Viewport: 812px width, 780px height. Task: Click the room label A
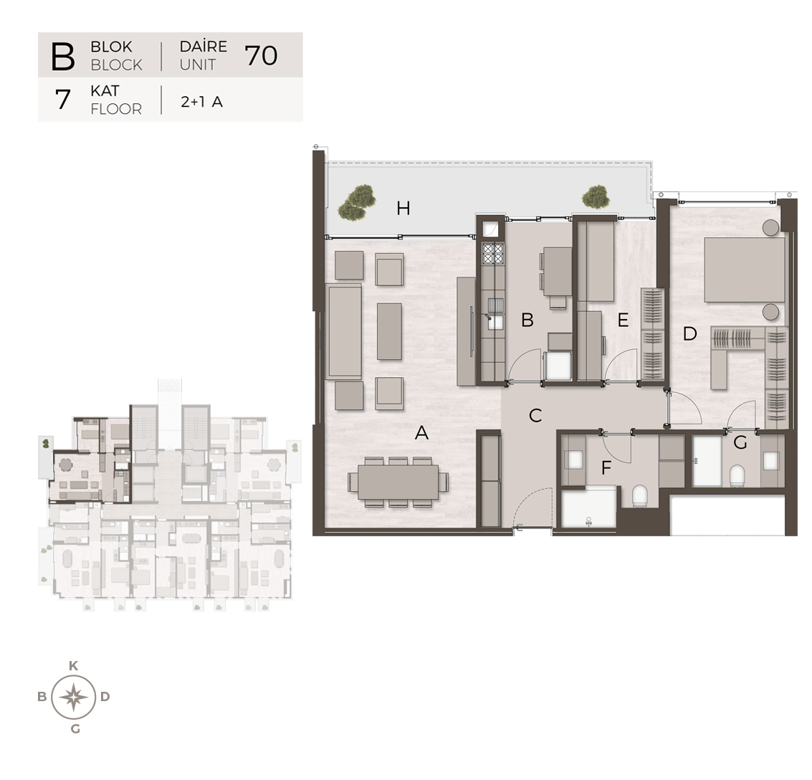421,432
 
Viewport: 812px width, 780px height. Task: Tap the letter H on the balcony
403,208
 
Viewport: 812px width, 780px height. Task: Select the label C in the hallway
535,415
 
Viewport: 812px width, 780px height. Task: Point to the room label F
606,468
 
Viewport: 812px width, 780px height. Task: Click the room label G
740,442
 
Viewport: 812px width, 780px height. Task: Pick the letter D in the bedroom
689,334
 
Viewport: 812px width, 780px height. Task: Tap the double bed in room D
744,270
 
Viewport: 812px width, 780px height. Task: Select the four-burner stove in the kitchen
493,254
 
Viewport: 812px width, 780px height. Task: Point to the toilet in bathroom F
640,496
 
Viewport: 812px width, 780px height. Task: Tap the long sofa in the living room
345,331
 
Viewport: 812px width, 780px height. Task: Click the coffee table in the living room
389,331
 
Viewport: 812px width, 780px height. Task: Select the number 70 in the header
261,55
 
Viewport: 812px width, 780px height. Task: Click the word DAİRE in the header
203,46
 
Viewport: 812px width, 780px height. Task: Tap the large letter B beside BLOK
63,56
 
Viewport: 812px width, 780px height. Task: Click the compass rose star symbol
74,697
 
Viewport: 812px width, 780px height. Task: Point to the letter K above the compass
74,666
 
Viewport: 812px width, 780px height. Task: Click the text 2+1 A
202,102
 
